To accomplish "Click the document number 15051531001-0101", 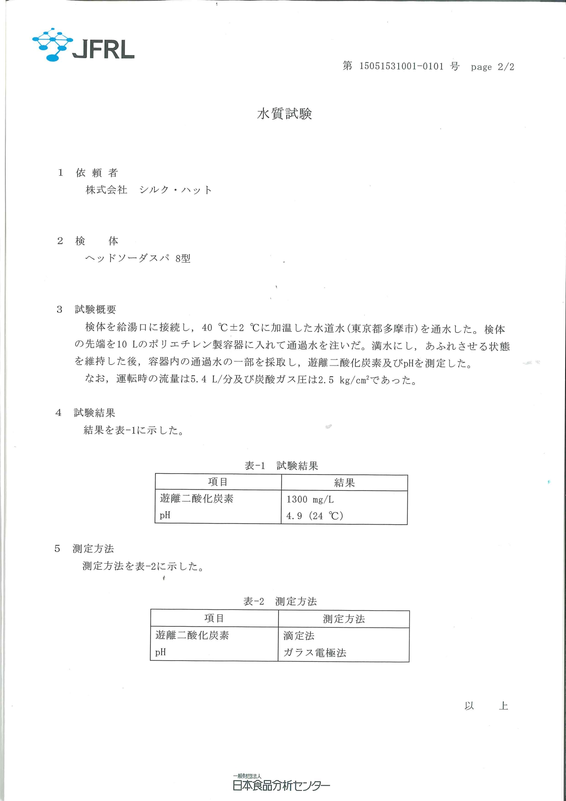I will pyautogui.click(x=401, y=66).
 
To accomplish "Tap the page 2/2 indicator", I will pyautogui.click(x=493, y=67).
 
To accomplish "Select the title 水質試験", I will pyautogui.click(x=284, y=114).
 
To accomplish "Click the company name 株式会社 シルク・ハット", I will pyautogui.click(x=149, y=190).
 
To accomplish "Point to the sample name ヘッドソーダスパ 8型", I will pyautogui.click(x=138, y=258).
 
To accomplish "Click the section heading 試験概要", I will pyautogui.click(x=95, y=309).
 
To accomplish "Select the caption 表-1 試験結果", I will pyautogui.click(x=281, y=466).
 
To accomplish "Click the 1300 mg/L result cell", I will pyautogui.click(x=310, y=499).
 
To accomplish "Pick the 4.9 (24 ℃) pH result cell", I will pyautogui.click(x=314, y=516).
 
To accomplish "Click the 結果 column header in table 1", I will pyautogui.click(x=344, y=483).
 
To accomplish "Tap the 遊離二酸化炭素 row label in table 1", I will pyautogui.click(x=197, y=498).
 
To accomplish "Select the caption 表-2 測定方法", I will pyautogui.click(x=280, y=601).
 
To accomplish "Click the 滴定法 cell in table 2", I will pyautogui.click(x=299, y=636).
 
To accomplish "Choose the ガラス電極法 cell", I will pyautogui.click(x=315, y=653).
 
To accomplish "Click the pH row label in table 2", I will pyautogui.click(x=161, y=652).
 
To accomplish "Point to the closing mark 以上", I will pyautogui.click(x=486, y=706).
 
